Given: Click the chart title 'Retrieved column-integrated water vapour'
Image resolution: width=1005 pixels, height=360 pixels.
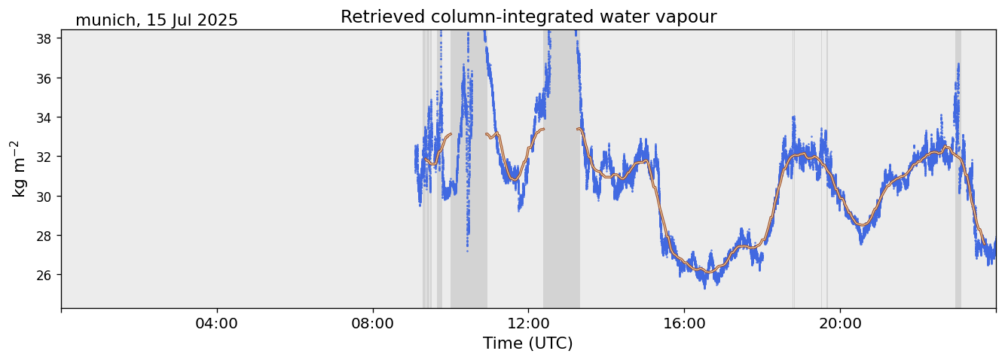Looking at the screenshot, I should coord(528,17).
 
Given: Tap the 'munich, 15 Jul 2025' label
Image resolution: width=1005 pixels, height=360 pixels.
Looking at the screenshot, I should coord(157,20).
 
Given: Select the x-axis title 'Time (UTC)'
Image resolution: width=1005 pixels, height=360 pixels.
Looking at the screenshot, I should coord(528,343).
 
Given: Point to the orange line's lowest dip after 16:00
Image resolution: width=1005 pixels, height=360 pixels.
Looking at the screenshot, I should coord(709,271).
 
